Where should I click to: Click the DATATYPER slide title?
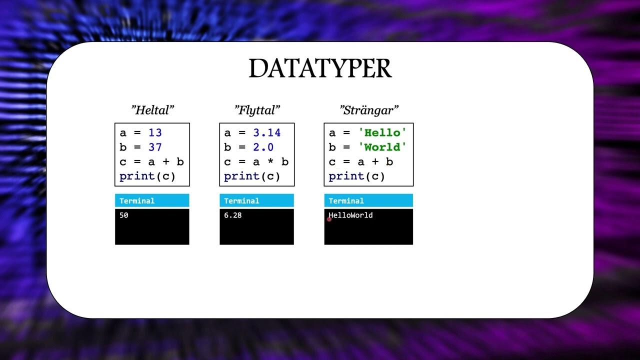pyautogui.click(x=320, y=69)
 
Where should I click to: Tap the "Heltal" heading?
pyautogui.click(x=152, y=110)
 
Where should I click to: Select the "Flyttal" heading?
pyautogui.click(x=257, y=110)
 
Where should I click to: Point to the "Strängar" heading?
pyautogui.click(x=369, y=110)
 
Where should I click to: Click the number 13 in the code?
pyautogui.click(x=155, y=133)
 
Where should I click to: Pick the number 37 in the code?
pyautogui.click(x=155, y=147)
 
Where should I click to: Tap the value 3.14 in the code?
pyautogui.click(x=266, y=133)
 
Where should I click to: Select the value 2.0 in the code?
pyautogui.click(x=263, y=147)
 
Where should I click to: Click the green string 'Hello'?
pyautogui.click(x=382, y=133)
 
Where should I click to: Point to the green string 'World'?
pyautogui.click(x=382, y=147)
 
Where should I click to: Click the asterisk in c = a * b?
pyautogui.click(x=270, y=162)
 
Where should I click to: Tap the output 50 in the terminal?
pyautogui.click(x=124, y=215)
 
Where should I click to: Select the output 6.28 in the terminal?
pyautogui.click(x=233, y=215)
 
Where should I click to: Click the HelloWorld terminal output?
pyautogui.click(x=351, y=215)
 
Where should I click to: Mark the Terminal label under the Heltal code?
pyautogui.click(x=137, y=201)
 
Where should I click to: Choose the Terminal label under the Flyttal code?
pyautogui.click(x=241, y=201)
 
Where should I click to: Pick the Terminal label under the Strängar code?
pyautogui.click(x=346, y=201)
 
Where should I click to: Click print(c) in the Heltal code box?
pyautogui.click(x=147, y=176)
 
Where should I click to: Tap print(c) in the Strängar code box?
pyautogui.click(x=356, y=176)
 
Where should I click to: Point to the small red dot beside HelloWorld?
pyautogui.click(x=329, y=219)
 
